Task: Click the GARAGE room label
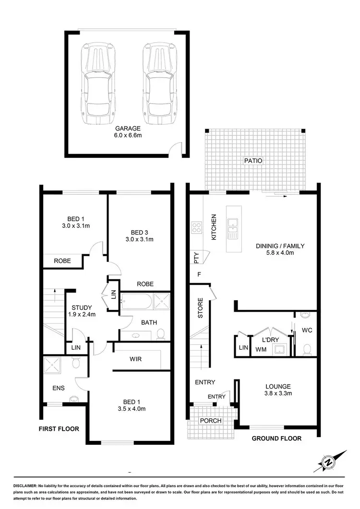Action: [128, 129]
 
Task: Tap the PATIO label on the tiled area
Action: [253, 161]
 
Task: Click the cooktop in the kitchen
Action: [197, 227]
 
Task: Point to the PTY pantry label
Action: [197, 258]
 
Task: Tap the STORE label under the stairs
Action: [200, 309]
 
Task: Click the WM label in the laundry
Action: [261, 350]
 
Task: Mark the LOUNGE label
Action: [278, 386]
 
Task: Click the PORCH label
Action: [211, 421]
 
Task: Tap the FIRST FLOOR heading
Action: [59, 429]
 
